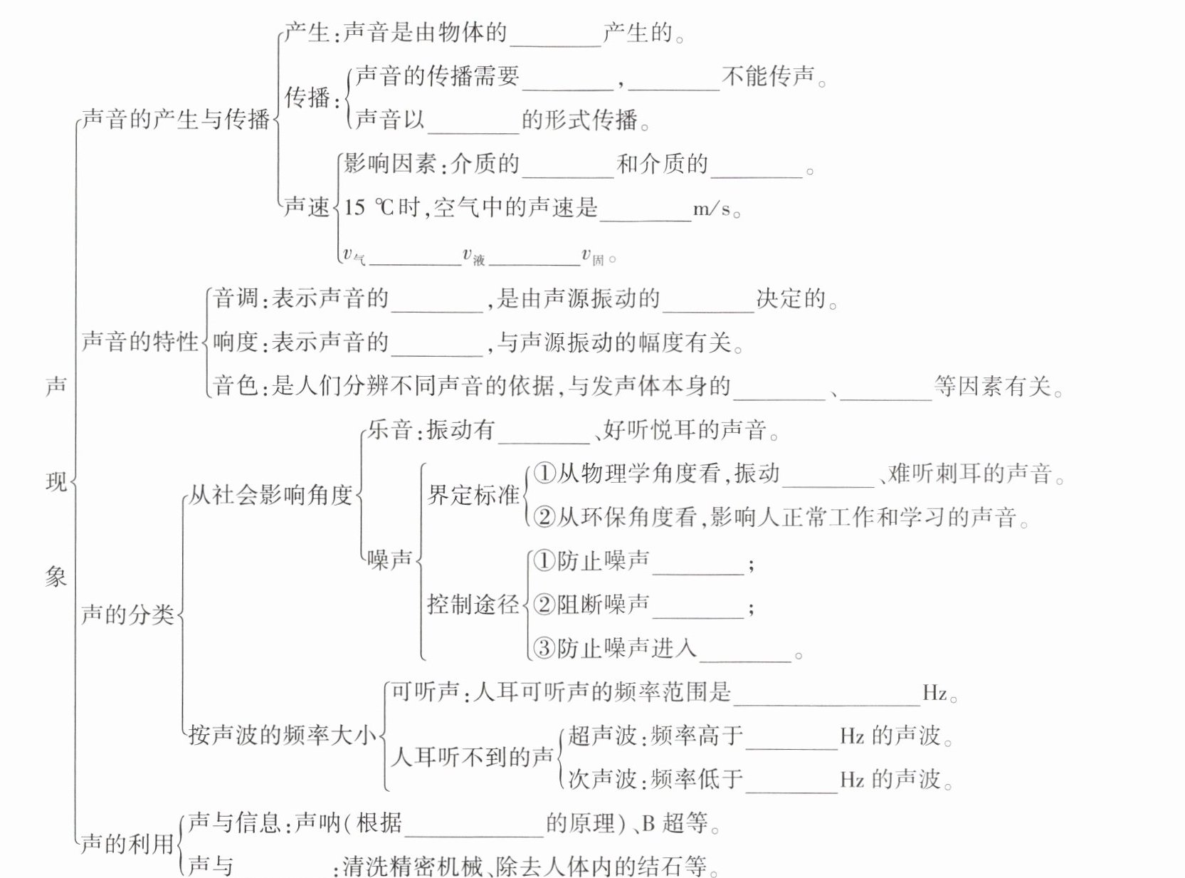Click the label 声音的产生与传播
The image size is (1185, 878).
[175, 119]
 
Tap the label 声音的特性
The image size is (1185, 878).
[139, 342]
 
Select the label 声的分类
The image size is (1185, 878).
[128, 614]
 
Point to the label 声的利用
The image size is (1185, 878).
[128, 844]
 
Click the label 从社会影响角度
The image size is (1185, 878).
[271, 495]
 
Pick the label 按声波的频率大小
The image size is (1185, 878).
[282, 735]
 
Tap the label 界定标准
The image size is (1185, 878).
[473, 495]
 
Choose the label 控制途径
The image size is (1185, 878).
[473, 605]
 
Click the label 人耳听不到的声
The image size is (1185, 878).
[473, 757]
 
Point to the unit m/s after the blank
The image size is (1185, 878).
[712, 209]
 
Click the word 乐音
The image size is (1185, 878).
[390, 430]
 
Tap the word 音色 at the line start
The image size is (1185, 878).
[235, 386]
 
